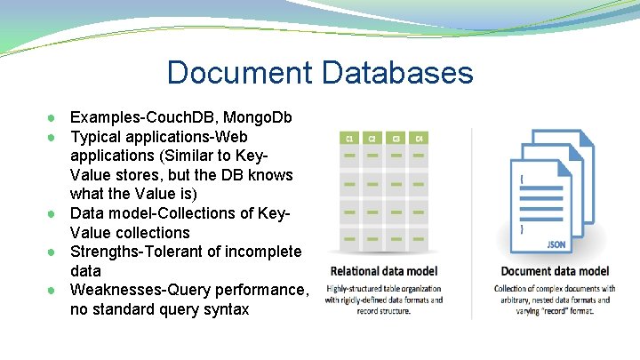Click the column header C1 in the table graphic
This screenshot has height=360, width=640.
pyautogui.click(x=350, y=139)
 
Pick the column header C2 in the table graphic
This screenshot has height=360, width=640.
pyautogui.click(x=373, y=139)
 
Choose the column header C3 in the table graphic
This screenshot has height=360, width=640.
pyautogui.click(x=396, y=139)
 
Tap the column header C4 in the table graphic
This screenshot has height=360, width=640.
pyautogui.click(x=420, y=139)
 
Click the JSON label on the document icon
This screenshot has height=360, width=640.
pyautogui.click(x=556, y=243)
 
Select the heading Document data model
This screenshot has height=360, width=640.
pyautogui.click(x=555, y=271)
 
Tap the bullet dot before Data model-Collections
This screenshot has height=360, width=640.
pyautogui.click(x=54, y=214)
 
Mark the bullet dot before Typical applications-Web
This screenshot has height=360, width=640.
pyautogui.click(x=54, y=138)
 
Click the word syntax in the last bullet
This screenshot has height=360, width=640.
pyautogui.click(x=225, y=309)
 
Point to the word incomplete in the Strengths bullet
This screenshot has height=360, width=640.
pyautogui.click(x=262, y=252)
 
